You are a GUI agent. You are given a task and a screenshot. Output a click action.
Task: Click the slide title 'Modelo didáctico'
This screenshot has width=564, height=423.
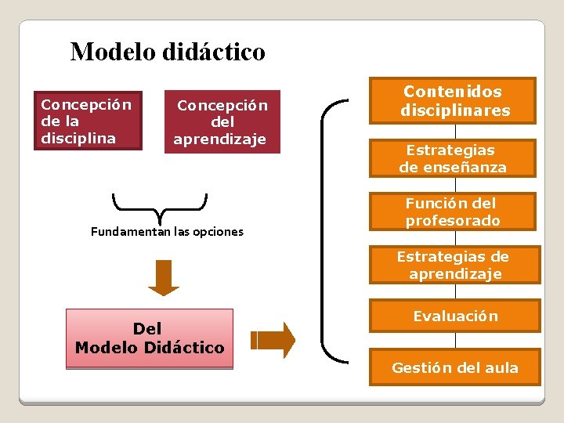point(168,52)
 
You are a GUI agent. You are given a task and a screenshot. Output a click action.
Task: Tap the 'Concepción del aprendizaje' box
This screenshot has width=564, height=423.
point(222,121)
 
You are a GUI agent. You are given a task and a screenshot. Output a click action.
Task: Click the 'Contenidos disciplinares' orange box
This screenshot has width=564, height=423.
point(455,100)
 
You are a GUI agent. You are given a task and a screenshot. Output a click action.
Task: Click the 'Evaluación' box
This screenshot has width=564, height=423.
point(455,316)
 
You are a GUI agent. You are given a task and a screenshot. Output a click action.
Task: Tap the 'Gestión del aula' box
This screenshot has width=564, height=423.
point(455,367)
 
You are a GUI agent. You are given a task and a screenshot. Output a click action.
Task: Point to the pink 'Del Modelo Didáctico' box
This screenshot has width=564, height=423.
point(150,338)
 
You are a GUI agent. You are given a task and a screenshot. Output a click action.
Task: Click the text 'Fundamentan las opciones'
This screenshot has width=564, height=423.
point(167,232)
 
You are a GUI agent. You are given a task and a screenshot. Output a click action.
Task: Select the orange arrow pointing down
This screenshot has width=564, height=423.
point(164,277)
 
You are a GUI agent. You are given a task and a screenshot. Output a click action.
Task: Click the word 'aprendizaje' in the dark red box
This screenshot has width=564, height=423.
point(220,139)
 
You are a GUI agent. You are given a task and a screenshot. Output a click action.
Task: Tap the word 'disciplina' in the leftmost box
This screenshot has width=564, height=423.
point(78,138)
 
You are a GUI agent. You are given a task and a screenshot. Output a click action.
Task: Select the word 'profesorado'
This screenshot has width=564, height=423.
point(453,221)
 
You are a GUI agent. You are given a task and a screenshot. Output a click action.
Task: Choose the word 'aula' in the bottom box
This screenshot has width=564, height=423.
point(502,368)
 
